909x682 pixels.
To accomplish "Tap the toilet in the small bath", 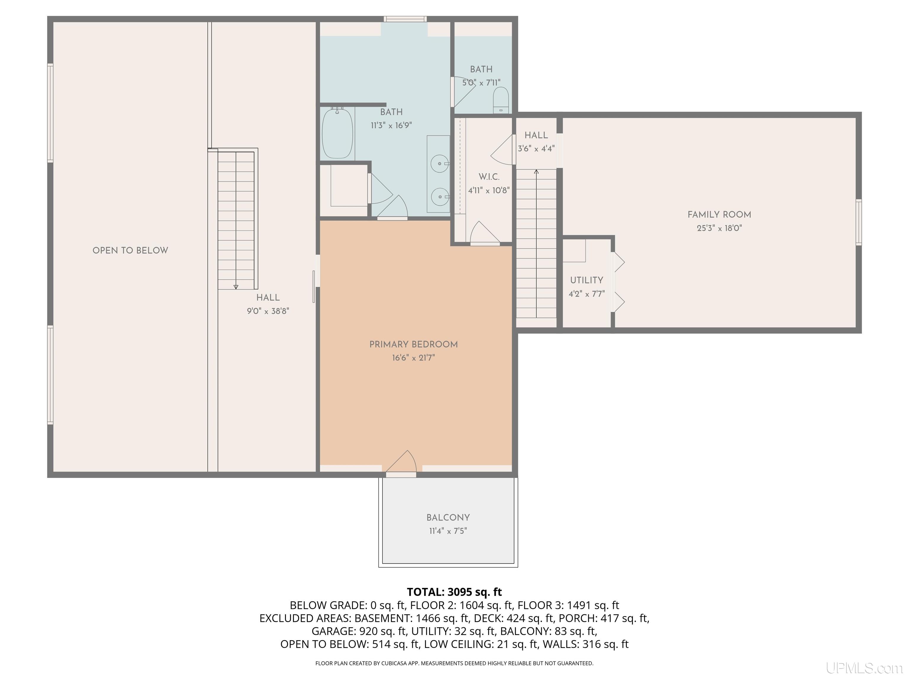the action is pos(501,99).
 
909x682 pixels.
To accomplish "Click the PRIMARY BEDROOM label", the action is pos(413,345).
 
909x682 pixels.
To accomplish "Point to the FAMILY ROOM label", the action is pos(719,215).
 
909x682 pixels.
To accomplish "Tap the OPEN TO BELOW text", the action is pos(130,250).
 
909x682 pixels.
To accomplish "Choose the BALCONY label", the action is pos(448,517).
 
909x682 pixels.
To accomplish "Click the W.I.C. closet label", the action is pos(489,177).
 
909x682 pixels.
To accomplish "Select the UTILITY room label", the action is pos(586,280).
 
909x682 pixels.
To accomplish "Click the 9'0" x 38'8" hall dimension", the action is pos(268,311).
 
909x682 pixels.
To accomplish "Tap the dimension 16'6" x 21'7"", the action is pos(413,358).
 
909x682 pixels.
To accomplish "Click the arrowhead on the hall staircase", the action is pos(236,287).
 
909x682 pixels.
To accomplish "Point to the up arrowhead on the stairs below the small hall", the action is pos(536,171).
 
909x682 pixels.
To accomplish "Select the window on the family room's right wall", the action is pos(858,222).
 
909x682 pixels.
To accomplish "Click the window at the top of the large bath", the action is pos(405,19).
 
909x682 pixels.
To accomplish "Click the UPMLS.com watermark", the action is pos(864,668).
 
